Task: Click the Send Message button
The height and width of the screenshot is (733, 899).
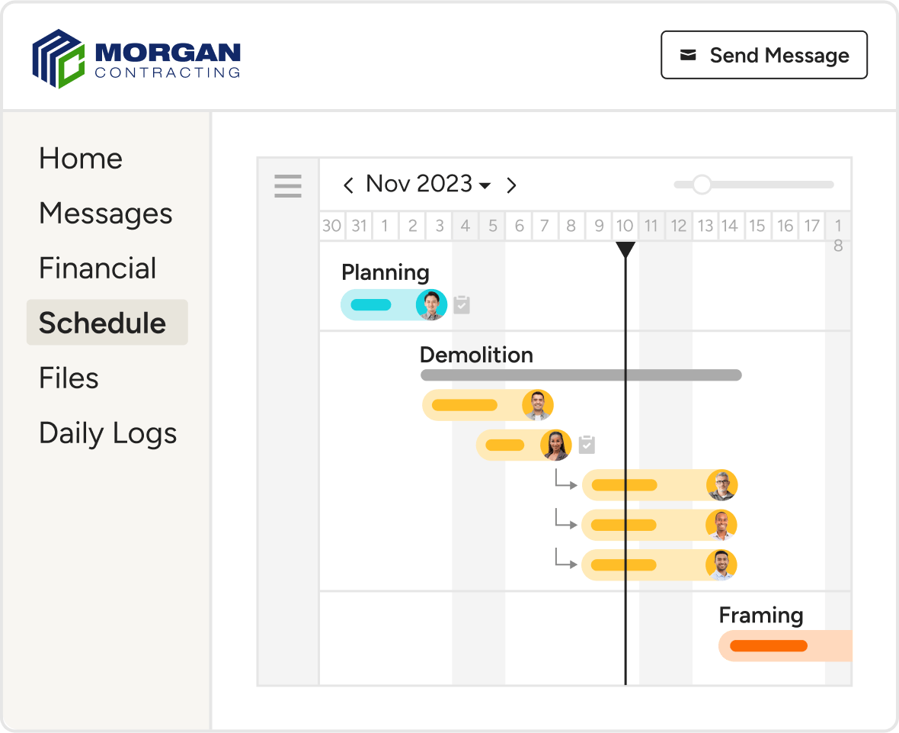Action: click(x=763, y=55)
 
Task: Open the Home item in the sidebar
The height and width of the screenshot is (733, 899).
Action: click(x=81, y=158)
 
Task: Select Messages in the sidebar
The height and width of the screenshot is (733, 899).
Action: click(x=105, y=214)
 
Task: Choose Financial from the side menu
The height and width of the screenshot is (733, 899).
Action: click(x=98, y=268)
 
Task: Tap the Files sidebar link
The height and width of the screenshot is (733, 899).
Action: click(x=69, y=378)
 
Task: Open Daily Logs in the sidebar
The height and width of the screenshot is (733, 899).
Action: click(x=107, y=433)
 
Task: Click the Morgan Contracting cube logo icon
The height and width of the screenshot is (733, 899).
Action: click(x=59, y=59)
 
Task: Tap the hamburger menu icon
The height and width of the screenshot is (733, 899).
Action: click(x=288, y=185)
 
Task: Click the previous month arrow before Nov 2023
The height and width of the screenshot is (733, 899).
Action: click(x=348, y=185)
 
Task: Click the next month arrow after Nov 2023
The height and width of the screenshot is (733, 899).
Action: click(x=511, y=185)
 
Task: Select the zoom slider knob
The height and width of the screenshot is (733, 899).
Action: click(x=702, y=185)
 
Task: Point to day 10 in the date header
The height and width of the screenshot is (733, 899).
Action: click(x=625, y=226)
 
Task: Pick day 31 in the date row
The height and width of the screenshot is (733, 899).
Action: click(x=359, y=226)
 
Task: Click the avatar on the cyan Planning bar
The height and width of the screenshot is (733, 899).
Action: click(x=431, y=305)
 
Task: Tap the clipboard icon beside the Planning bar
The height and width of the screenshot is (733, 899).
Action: click(x=462, y=305)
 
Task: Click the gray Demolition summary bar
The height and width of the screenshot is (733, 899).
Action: click(x=581, y=375)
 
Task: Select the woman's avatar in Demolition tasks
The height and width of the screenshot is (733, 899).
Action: click(x=556, y=445)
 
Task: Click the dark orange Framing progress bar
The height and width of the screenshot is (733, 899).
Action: click(x=768, y=646)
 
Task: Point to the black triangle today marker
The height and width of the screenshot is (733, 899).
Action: click(x=625, y=249)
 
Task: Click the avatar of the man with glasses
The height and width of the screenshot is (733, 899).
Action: click(x=721, y=485)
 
